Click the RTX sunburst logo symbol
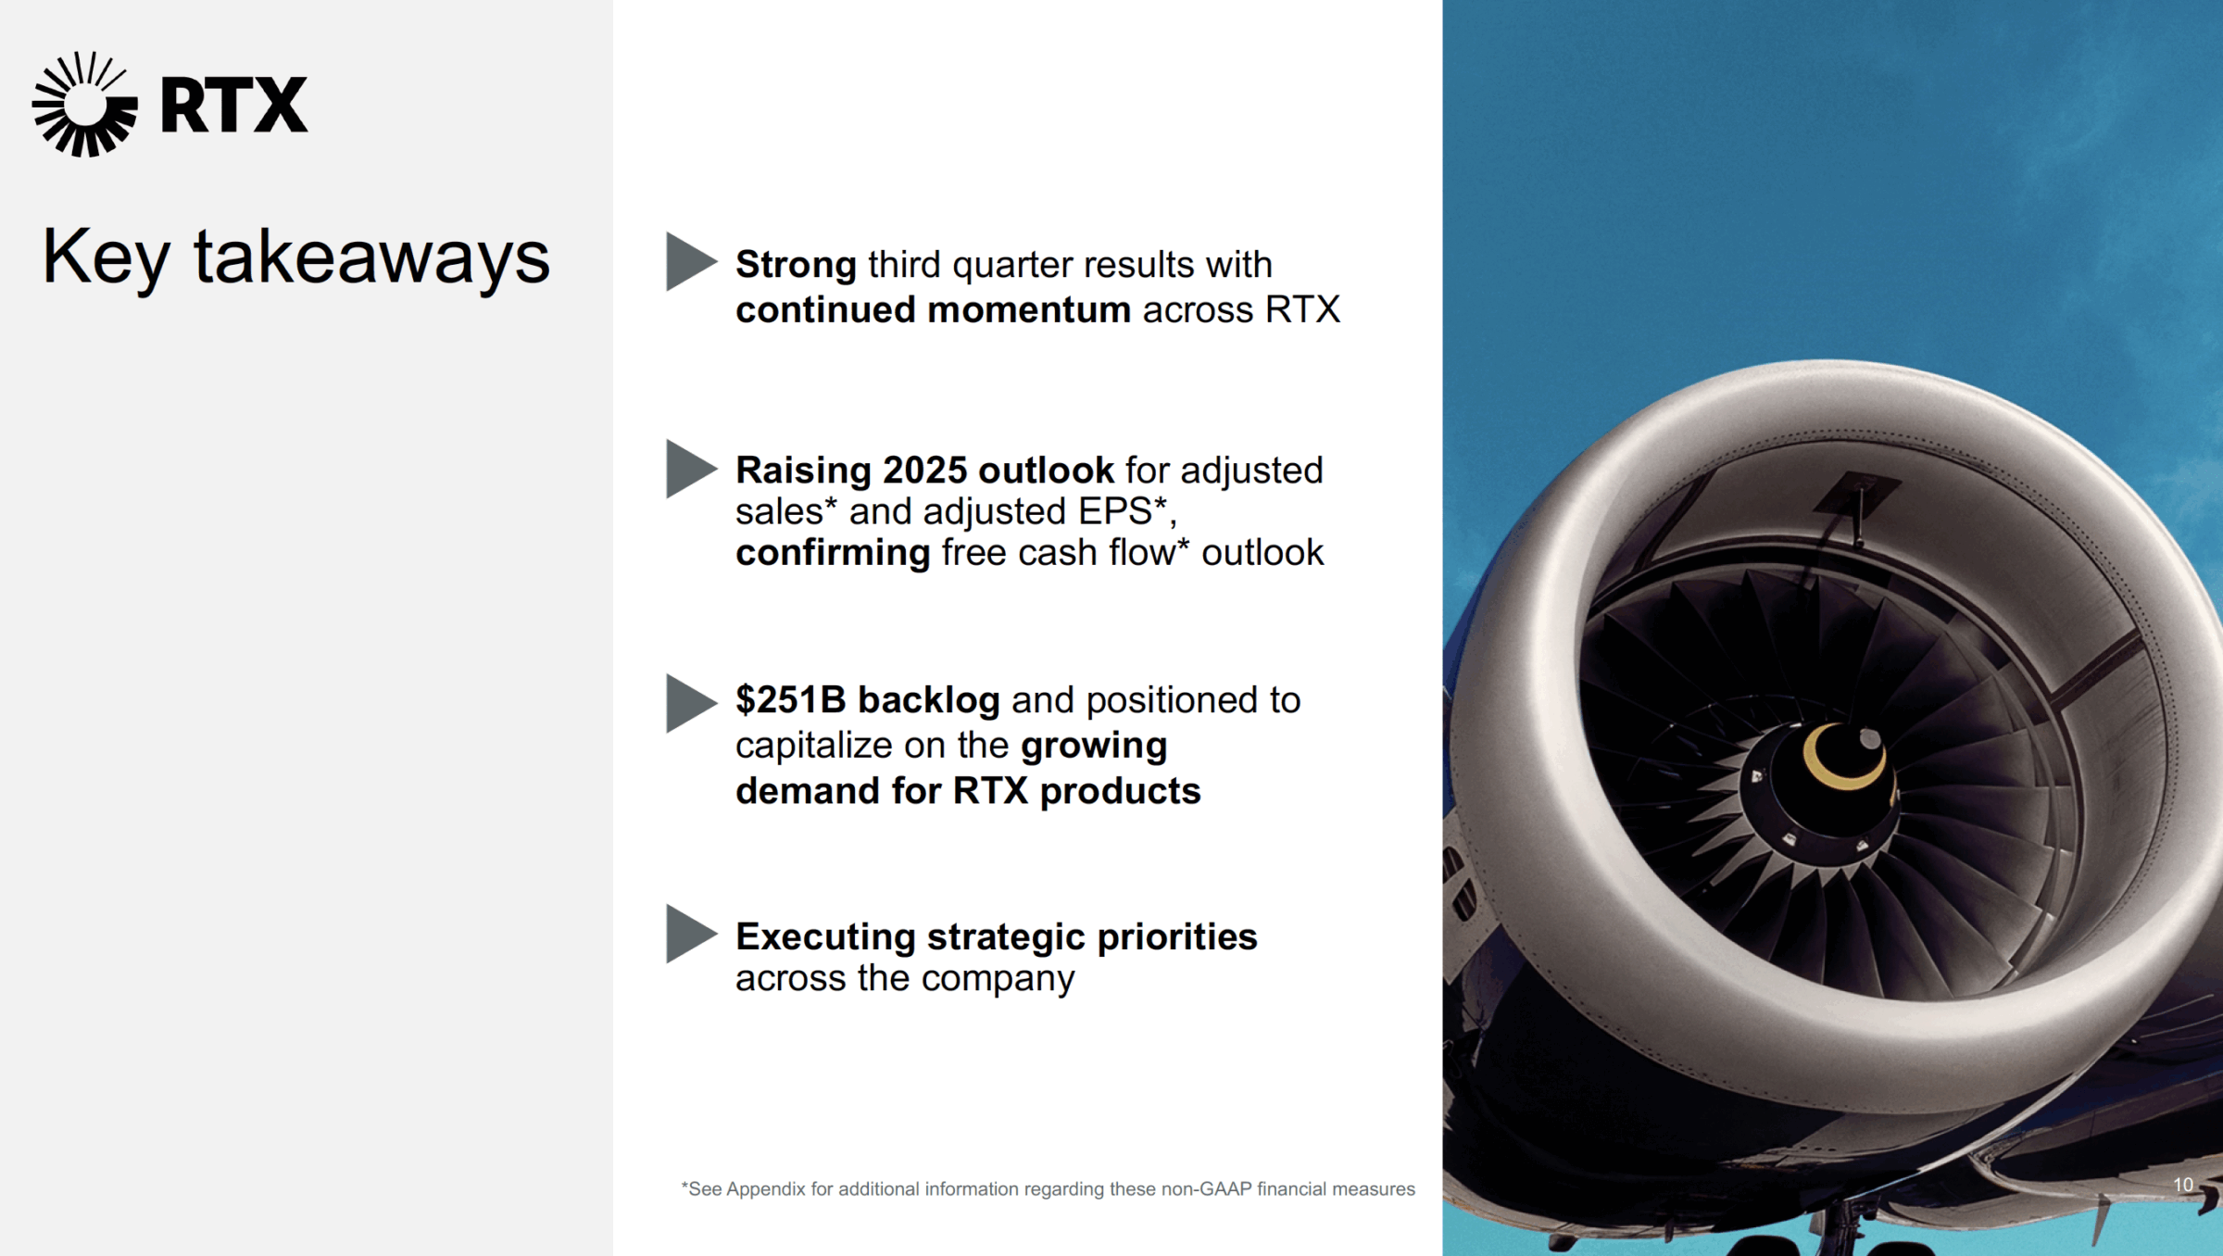tap(85, 104)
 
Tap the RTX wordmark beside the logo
tap(233, 105)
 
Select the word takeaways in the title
tap(371, 257)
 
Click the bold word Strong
tap(796, 266)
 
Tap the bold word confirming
tap(833, 554)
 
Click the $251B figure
tap(791, 700)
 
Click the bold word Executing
tap(826, 937)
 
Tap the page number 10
tap(2183, 1185)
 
